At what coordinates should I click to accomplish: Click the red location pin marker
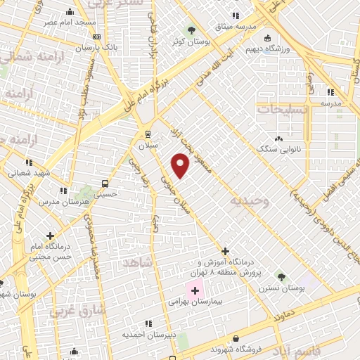[181, 166]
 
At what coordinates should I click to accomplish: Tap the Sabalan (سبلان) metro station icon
[148, 134]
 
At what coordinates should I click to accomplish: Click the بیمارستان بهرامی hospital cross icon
[195, 290]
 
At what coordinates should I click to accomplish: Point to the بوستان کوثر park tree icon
[191, 30]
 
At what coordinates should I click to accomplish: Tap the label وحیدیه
[249, 201]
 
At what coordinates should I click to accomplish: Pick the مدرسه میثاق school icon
[236, 15]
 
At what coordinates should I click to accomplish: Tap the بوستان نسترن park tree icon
[281, 277]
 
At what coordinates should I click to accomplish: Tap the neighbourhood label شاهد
[137, 262]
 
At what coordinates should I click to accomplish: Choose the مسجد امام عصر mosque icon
[70, 12]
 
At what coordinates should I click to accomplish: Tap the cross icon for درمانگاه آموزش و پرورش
[225, 251]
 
